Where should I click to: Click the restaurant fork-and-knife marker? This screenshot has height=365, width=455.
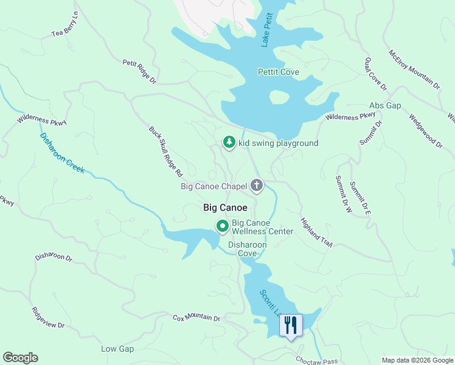pos(290,325)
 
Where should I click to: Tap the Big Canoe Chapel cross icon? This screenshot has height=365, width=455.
pos(257,185)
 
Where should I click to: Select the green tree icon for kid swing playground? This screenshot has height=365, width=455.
pos(229,142)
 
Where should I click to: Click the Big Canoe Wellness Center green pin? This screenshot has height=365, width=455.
pos(223,226)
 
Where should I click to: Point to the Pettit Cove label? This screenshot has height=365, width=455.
pos(279,72)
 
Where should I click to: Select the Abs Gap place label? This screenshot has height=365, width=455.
pos(385,106)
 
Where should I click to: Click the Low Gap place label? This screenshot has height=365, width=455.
pos(117,349)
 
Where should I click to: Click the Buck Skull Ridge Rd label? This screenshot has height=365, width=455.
pos(166,152)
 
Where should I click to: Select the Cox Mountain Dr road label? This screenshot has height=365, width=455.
pos(196,318)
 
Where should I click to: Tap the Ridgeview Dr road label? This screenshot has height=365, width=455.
pos(49,318)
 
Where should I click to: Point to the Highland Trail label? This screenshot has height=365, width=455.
pos(317,232)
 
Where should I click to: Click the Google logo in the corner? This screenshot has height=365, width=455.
pos(20,358)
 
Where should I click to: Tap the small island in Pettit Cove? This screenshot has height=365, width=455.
pos(279,97)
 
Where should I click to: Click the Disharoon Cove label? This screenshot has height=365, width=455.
pos(243,249)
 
